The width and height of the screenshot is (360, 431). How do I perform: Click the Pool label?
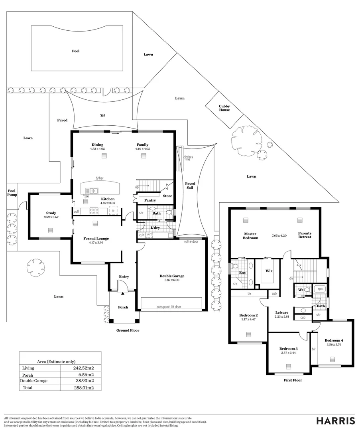click(x=76, y=51)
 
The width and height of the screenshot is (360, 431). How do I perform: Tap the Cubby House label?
click(x=224, y=108)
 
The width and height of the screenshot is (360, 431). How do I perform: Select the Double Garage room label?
click(x=172, y=276)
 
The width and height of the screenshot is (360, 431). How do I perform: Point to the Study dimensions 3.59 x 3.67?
click(x=51, y=217)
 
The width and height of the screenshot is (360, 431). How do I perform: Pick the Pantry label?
click(x=150, y=200)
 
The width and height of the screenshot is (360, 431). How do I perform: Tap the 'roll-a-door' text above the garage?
click(x=191, y=241)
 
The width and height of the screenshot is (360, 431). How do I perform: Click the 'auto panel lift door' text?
click(x=169, y=307)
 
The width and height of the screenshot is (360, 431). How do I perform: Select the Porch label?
click(x=123, y=307)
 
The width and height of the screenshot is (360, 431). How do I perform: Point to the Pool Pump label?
click(x=12, y=193)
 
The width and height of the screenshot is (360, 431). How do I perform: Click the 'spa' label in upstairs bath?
click(x=320, y=288)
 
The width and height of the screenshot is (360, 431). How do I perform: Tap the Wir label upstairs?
click(x=269, y=271)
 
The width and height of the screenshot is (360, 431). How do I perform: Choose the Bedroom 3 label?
click(x=289, y=348)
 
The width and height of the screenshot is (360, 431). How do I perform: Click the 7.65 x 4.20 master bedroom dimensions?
click(x=279, y=235)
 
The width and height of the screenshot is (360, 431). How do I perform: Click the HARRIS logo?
click(x=336, y=421)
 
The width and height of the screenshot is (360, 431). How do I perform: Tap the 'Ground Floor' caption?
click(x=128, y=330)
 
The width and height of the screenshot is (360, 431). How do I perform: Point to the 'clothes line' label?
click(x=188, y=158)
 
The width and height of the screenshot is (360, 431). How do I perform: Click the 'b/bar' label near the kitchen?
click(x=99, y=178)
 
